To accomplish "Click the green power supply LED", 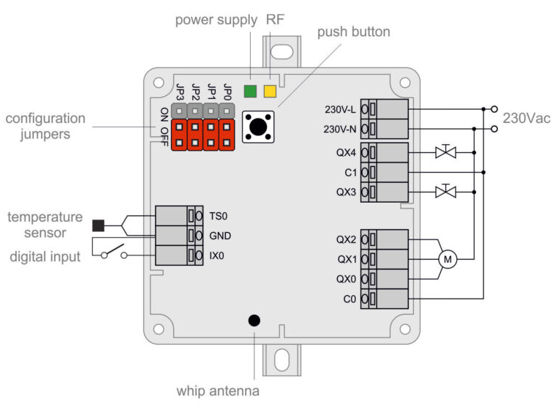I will click(250, 91).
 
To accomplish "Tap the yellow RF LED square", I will click(271, 91).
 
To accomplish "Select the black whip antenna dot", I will click(254, 320).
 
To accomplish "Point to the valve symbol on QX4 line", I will click(445, 152).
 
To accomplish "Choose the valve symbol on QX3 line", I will click(445, 192).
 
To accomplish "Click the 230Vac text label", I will click(526, 119).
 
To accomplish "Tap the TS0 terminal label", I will click(219, 217).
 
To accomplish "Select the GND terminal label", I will click(221, 236).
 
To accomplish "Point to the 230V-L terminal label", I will click(340, 110).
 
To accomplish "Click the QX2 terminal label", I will click(346, 239).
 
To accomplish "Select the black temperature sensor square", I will click(98, 224).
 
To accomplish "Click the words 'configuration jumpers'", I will click(45, 126).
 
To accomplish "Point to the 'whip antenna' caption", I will click(218, 390).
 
